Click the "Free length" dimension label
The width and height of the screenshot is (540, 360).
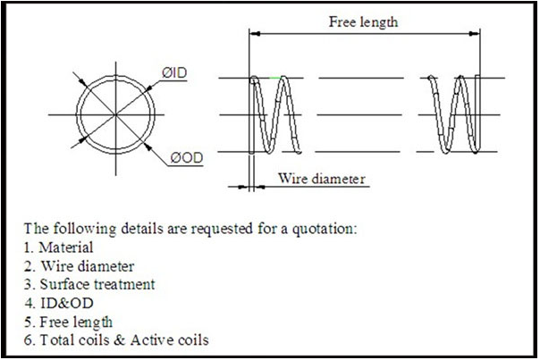(363, 21)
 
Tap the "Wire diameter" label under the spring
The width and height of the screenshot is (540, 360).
(322, 179)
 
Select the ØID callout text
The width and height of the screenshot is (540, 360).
(175, 71)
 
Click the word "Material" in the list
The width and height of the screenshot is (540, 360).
(66, 247)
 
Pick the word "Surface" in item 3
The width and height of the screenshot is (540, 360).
(63, 284)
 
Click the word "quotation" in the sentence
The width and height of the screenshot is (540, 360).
(323, 229)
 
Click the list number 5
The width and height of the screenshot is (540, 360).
(28, 321)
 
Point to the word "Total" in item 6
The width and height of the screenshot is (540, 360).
(55, 339)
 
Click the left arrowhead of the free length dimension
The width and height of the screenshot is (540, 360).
(253, 34)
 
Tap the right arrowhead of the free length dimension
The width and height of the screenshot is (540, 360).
(478, 34)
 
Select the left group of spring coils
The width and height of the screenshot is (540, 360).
(275, 114)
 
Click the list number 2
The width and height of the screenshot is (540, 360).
(28, 265)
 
